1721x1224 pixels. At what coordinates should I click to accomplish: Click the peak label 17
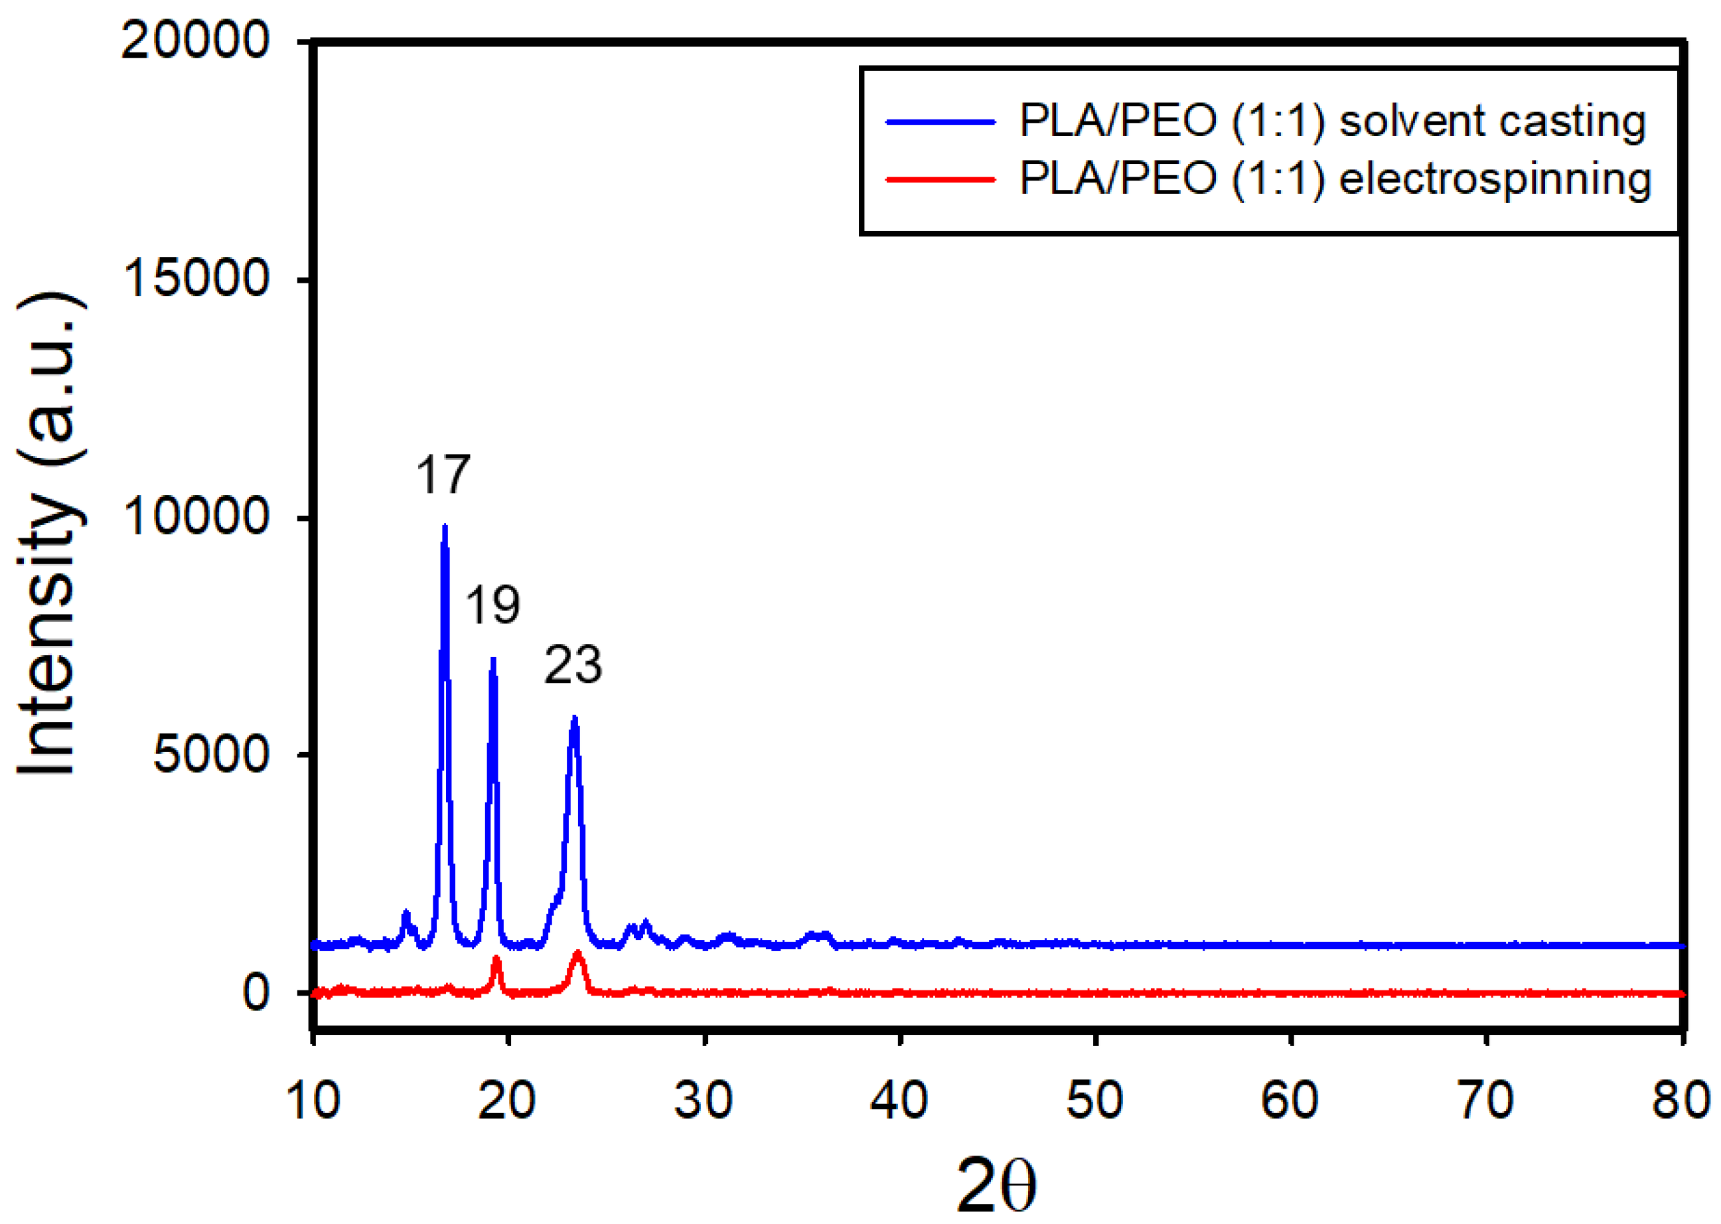pos(443,475)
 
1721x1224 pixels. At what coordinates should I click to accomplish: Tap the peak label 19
pos(492,605)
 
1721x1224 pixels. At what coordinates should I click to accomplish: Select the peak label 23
pos(573,666)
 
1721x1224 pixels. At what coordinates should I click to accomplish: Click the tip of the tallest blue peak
pos(445,528)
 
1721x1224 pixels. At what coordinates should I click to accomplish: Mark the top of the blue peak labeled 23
pos(574,719)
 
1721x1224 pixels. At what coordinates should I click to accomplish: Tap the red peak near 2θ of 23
pos(578,955)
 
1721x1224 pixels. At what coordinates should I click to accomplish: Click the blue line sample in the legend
pos(940,121)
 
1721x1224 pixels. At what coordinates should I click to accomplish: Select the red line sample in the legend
pos(940,179)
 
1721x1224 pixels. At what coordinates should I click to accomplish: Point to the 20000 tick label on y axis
pos(194,40)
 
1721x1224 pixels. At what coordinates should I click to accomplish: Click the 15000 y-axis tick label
pos(194,279)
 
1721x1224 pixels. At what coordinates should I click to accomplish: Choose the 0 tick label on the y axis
pos(256,992)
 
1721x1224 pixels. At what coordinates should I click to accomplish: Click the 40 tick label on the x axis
pos(899,1101)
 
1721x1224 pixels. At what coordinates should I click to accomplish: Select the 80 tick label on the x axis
pos(1681,1101)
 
